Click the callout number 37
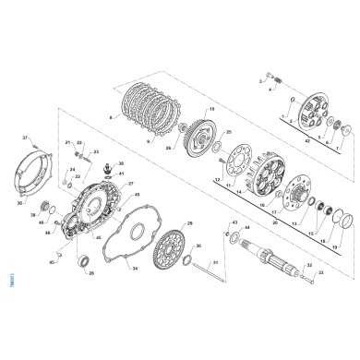point(26,137)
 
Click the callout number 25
point(229,133)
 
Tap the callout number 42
point(306,144)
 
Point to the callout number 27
point(130,184)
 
